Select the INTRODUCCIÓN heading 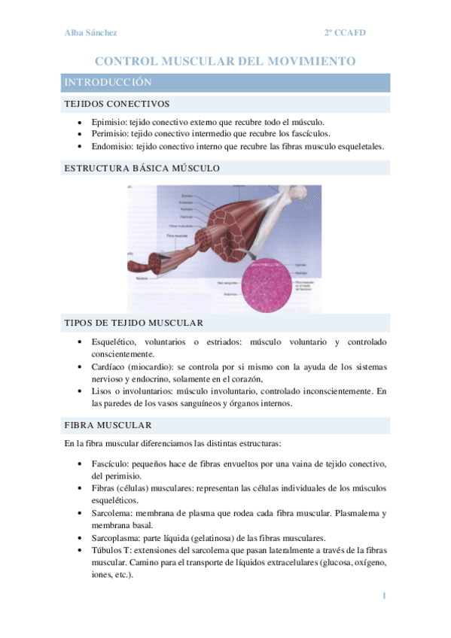pos(108,82)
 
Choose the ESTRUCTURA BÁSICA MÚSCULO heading pos(142,168)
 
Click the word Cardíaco pos(109,366)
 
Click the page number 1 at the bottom pos(384,597)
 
